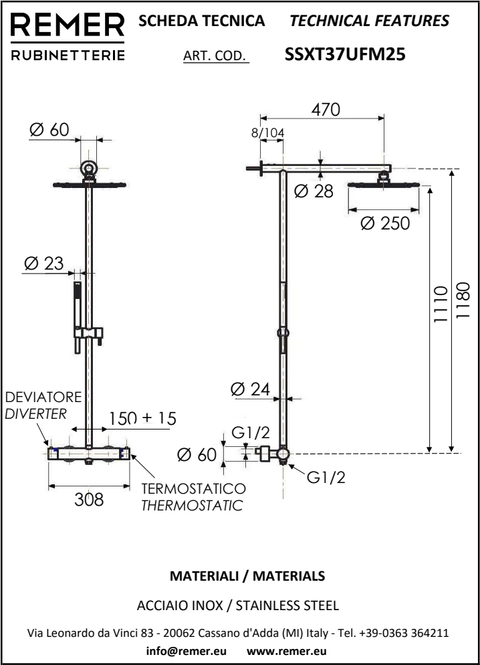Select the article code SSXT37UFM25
tap(345, 55)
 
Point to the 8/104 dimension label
tap(267, 133)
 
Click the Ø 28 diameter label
tap(314, 192)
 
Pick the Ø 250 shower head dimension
tap(384, 223)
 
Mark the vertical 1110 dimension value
tap(439, 304)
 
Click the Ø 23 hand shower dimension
tap(43, 263)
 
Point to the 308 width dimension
tap(89, 499)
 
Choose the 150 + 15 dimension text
tap(142, 418)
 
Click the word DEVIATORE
tap(43, 398)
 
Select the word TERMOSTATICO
tap(193, 489)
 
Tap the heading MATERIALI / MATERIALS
tap(239, 575)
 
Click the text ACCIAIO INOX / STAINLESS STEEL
tap(239, 606)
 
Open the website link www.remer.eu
tap(287, 651)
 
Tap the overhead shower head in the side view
tap(384, 184)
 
